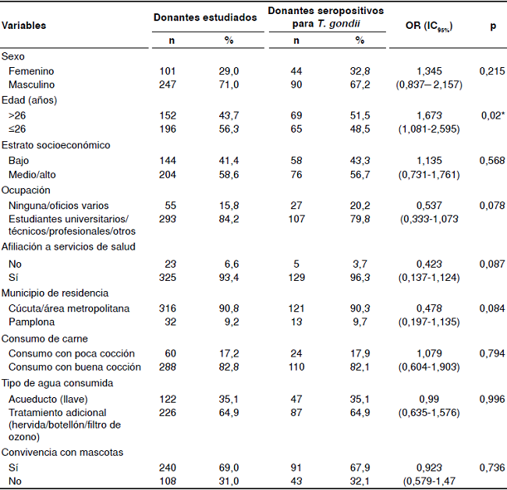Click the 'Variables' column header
(23, 26)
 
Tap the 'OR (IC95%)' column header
(429, 26)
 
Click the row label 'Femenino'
(30, 71)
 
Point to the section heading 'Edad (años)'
(29, 100)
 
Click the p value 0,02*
(492, 115)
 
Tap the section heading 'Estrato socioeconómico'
(55, 144)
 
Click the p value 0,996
(492, 399)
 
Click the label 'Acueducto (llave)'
(48, 399)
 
